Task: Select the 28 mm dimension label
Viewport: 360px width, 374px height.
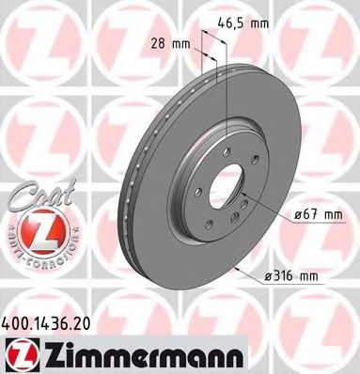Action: coord(175,42)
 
